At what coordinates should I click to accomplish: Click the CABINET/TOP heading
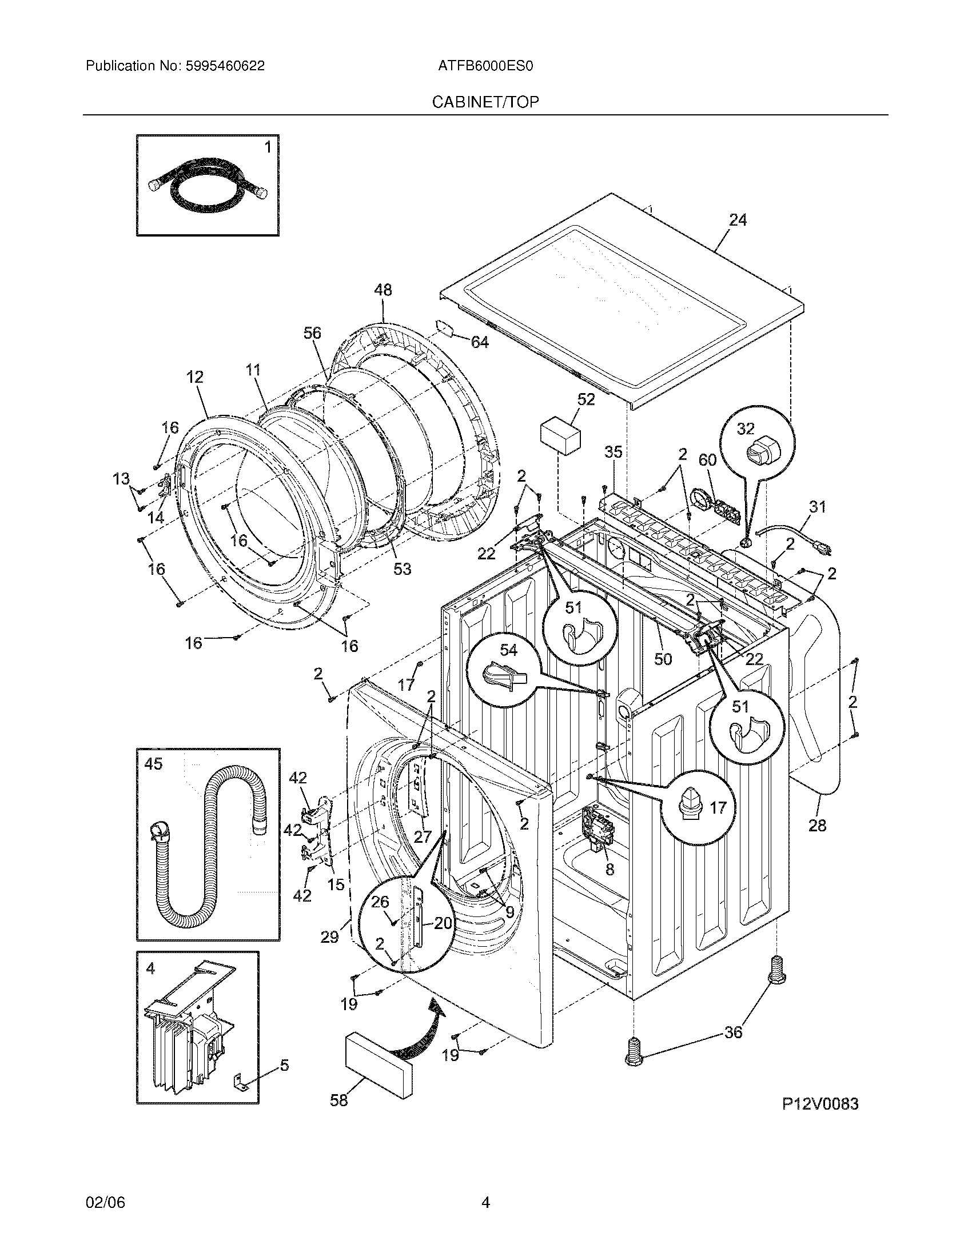pyautogui.click(x=485, y=102)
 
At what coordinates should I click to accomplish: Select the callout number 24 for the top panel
pyautogui.click(x=738, y=220)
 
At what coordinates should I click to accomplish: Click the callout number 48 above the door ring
pyautogui.click(x=383, y=290)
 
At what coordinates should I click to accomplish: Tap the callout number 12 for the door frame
pyautogui.click(x=194, y=377)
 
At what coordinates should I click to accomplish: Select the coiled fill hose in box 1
pyautogui.click(x=208, y=187)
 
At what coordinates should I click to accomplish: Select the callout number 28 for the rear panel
pyautogui.click(x=817, y=826)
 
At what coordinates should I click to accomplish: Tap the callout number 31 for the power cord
pyautogui.click(x=817, y=507)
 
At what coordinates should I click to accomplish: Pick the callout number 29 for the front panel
pyautogui.click(x=329, y=937)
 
